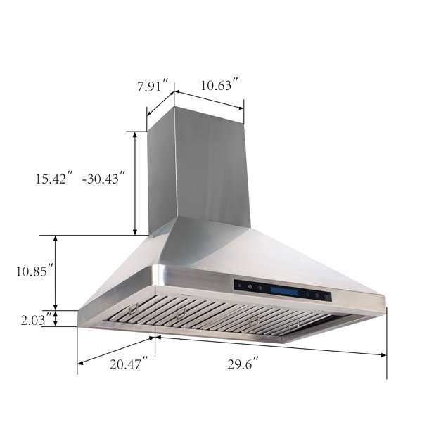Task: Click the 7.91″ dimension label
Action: point(153,87)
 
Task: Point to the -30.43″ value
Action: point(103,178)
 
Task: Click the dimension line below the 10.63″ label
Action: point(209,99)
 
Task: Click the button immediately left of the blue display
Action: point(261,288)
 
